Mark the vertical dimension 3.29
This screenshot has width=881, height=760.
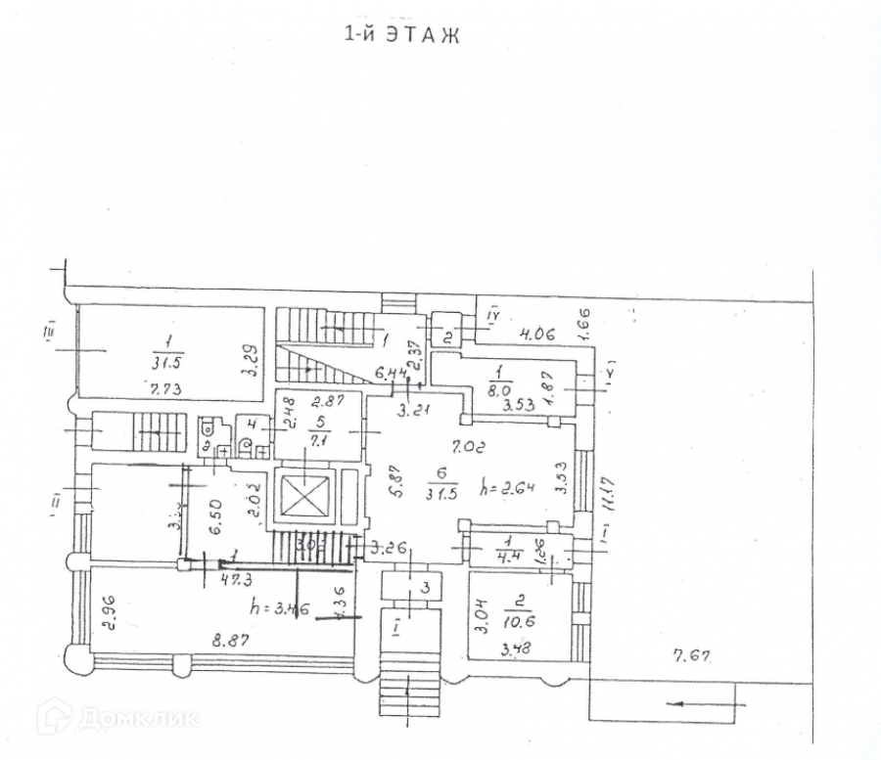[251, 361]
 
